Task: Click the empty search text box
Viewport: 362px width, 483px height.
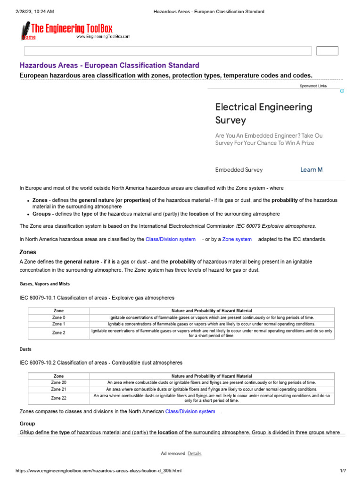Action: tap(167, 51)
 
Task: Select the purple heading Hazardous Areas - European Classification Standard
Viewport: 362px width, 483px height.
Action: tap(109, 66)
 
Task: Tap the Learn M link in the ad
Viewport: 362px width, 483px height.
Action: tap(311, 170)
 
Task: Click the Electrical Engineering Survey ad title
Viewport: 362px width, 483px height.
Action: tap(263, 113)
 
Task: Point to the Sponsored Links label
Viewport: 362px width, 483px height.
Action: tap(313, 86)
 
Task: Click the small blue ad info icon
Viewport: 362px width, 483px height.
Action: tap(342, 91)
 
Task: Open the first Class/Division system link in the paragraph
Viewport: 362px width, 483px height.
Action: tap(170, 239)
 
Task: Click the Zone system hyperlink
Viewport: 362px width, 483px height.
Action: tap(237, 239)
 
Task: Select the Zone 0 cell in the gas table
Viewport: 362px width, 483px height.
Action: tap(58, 318)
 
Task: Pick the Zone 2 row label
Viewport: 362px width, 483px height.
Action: tap(58, 333)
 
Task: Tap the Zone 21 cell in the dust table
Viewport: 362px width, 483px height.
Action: tap(58, 390)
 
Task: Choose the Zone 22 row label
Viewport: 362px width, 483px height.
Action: tap(58, 398)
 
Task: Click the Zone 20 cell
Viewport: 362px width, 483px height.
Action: tap(58, 383)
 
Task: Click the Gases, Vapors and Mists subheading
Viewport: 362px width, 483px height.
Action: tap(45, 284)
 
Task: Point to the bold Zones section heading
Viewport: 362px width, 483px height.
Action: tap(28, 252)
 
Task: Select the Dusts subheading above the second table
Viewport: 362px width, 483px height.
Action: tap(25, 349)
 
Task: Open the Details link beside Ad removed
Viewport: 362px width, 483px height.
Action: tap(194, 454)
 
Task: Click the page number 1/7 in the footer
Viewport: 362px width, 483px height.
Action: tap(343, 471)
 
